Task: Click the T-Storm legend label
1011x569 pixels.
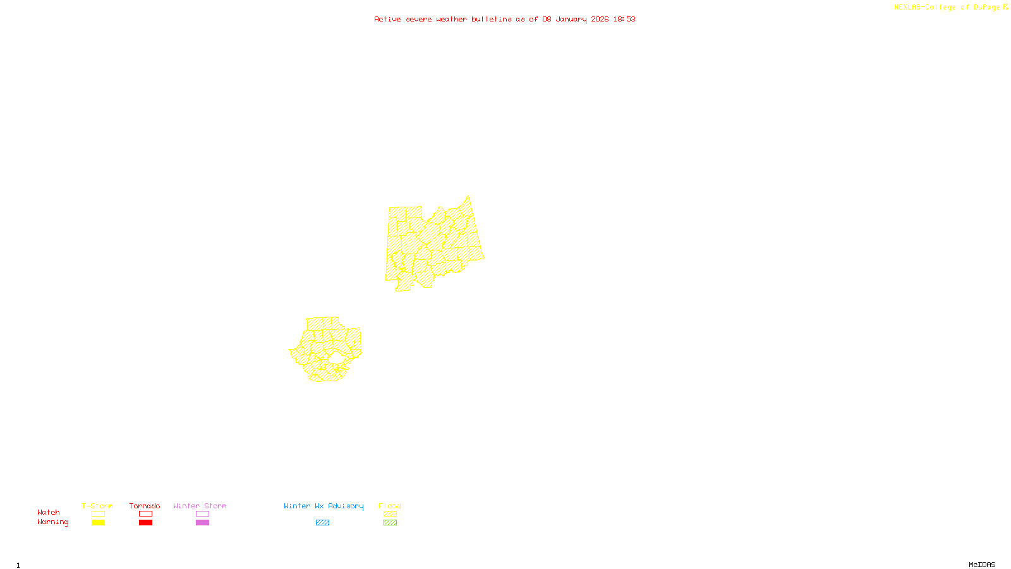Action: (97, 506)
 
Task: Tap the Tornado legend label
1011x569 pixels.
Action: (145, 506)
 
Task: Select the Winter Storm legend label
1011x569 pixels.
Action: (200, 506)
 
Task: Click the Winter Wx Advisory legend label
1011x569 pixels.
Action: (324, 506)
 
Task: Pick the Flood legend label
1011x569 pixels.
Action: (390, 506)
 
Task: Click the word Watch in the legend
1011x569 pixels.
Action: (49, 513)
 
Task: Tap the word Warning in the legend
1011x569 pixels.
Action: (52, 522)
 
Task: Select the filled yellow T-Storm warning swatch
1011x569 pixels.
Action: (98, 523)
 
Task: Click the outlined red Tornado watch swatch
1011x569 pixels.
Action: (145, 514)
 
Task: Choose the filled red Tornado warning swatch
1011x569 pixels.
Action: (145, 523)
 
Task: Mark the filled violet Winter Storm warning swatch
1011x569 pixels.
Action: (202, 523)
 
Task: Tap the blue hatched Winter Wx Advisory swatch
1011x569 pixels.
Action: (322, 523)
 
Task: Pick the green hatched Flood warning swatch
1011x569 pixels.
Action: (390, 523)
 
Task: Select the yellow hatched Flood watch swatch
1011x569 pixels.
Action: (390, 514)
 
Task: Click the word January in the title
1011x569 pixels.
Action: (571, 19)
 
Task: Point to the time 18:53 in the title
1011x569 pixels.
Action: (624, 19)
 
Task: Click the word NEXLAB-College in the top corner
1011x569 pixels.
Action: (924, 7)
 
